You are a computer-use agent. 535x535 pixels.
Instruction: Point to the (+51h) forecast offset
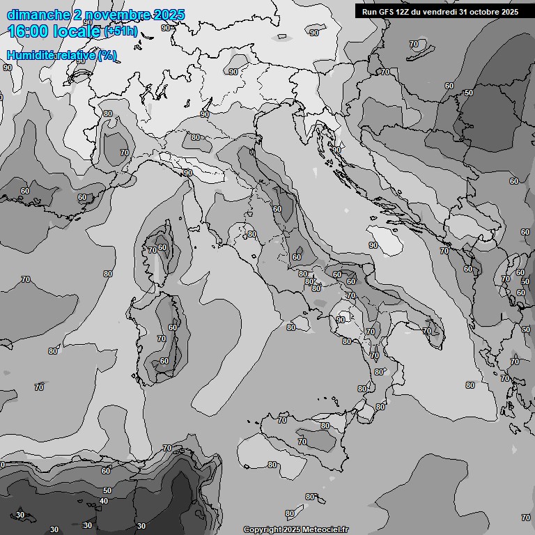click(x=121, y=32)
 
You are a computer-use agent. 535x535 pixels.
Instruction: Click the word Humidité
click(x=30, y=55)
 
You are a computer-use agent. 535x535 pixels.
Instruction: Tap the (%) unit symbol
click(x=107, y=55)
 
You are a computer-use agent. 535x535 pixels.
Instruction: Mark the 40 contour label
click(x=104, y=501)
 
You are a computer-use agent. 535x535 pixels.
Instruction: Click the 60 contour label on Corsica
click(x=162, y=247)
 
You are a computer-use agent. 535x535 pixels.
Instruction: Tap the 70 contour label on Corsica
click(x=152, y=250)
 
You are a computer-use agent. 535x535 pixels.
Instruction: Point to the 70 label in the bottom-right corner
click(x=525, y=518)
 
